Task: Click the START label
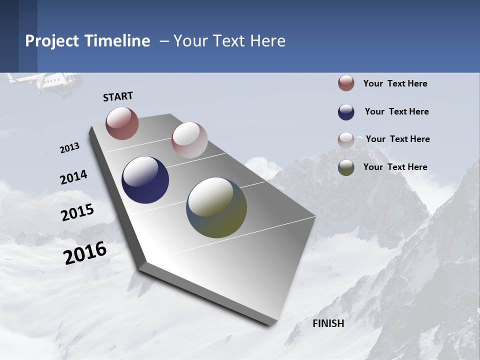pos(118,96)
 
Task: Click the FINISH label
pos(328,323)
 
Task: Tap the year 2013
pos(69,148)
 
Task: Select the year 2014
pos(73,177)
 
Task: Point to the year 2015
pos(77,212)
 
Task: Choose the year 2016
pos(85,253)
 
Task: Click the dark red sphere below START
pos(122,123)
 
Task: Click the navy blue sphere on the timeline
pos(145,180)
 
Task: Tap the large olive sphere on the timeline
pos(216,207)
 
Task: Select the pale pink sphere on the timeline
pos(189,140)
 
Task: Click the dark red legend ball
pos(346,83)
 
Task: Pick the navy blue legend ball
pos(346,112)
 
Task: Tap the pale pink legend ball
pos(346,140)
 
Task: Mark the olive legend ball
pos(346,167)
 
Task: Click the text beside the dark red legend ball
pos(395,83)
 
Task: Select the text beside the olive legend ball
pos(395,167)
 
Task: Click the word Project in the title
pos(52,41)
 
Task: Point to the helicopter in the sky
pos(47,83)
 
